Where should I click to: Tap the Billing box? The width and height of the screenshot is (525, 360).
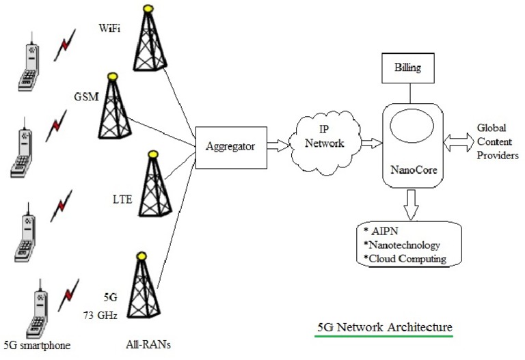408,69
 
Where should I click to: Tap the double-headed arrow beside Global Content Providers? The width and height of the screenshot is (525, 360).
456,141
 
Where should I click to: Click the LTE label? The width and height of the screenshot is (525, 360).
122,199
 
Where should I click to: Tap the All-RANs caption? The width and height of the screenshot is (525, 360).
148,344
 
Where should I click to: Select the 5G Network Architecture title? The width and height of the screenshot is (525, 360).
385,326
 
